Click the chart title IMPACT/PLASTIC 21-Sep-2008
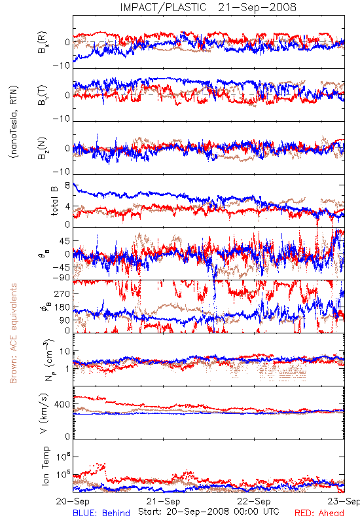point(208,7)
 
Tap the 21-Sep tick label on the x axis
point(163,501)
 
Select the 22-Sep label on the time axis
point(254,501)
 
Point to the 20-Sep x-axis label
point(73,501)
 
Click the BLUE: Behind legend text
point(101,513)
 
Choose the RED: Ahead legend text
point(319,513)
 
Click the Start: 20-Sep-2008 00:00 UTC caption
point(209,512)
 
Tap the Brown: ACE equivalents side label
point(13,333)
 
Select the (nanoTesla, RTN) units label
point(14,122)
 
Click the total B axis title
point(54,201)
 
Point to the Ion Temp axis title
point(45,466)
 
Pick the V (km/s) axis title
point(45,413)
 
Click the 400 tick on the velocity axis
point(62,405)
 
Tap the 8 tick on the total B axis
point(67,185)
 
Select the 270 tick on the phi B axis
point(62,293)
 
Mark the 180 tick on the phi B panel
point(62,307)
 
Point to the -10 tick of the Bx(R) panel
point(61,65)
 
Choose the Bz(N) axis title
point(43,148)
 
